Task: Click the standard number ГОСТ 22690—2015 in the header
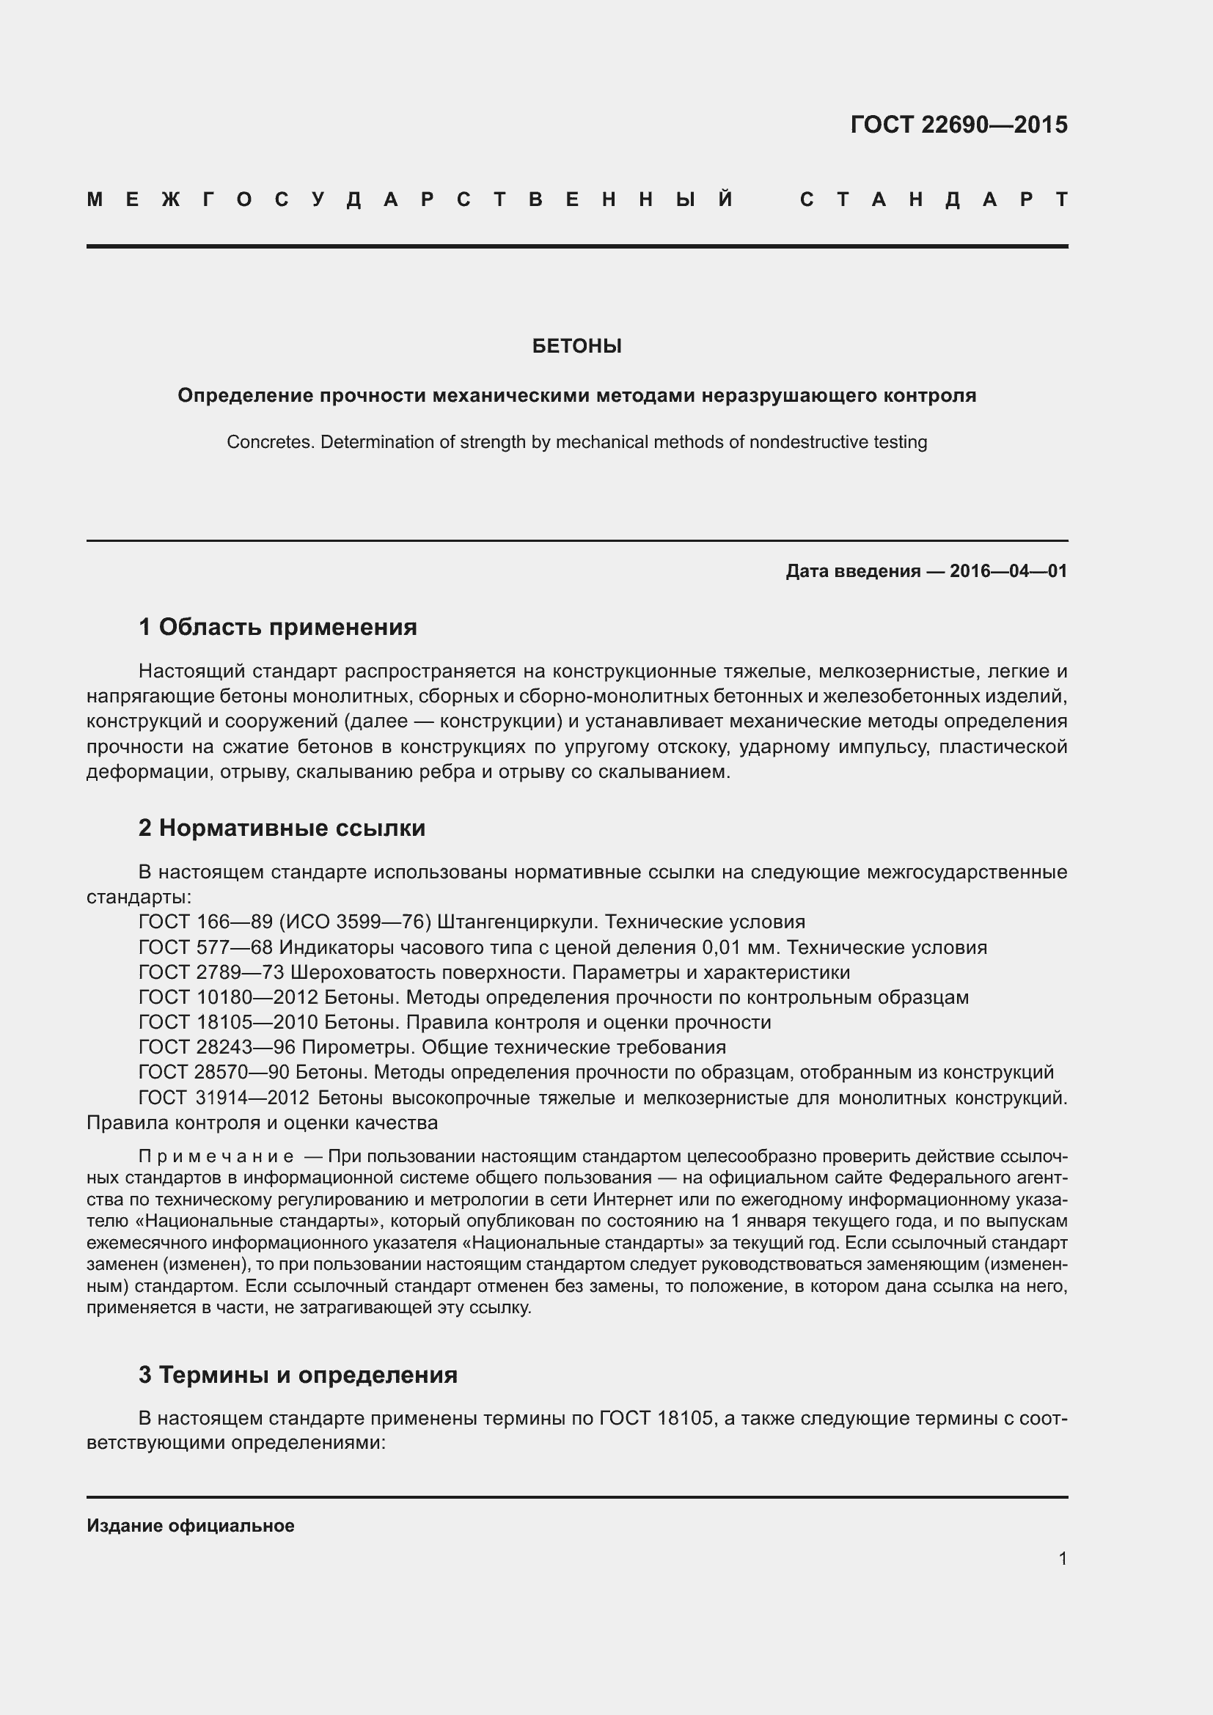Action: (x=959, y=124)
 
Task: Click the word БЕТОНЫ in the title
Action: (x=576, y=346)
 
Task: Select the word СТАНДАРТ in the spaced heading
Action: (x=933, y=199)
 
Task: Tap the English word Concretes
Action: (x=272, y=442)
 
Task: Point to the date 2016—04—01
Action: (x=1008, y=571)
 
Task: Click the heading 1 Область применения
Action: (x=277, y=627)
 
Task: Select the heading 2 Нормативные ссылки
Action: (x=282, y=828)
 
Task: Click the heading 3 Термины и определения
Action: (x=297, y=1374)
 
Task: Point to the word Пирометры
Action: (x=351, y=1047)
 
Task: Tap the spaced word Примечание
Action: (x=216, y=1157)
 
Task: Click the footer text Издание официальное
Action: (x=191, y=1526)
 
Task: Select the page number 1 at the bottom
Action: (x=1062, y=1559)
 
